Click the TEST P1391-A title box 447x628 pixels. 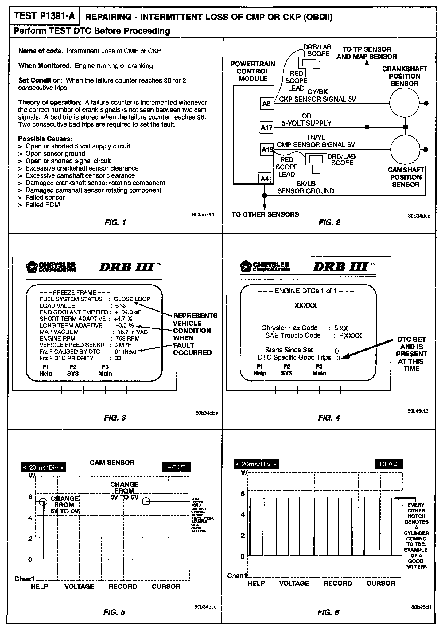[45, 16]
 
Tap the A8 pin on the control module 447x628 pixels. [266, 104]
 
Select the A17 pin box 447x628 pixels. [266, 128]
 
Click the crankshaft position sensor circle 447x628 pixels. [404, 103]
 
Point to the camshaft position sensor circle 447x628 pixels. [405, 150]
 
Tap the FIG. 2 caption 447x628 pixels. [329, 222]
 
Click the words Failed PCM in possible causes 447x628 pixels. [43, 205]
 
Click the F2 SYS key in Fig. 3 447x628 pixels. [73, 371]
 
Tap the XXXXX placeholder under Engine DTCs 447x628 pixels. [305, 305]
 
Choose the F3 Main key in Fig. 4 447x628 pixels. [319, 370]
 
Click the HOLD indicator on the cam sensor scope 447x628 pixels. [176, 467]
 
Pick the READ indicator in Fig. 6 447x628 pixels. [388, 464]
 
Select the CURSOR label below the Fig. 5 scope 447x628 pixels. [166, 587]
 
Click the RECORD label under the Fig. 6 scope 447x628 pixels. [338, 583]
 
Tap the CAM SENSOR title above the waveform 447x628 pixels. [112, 462]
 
